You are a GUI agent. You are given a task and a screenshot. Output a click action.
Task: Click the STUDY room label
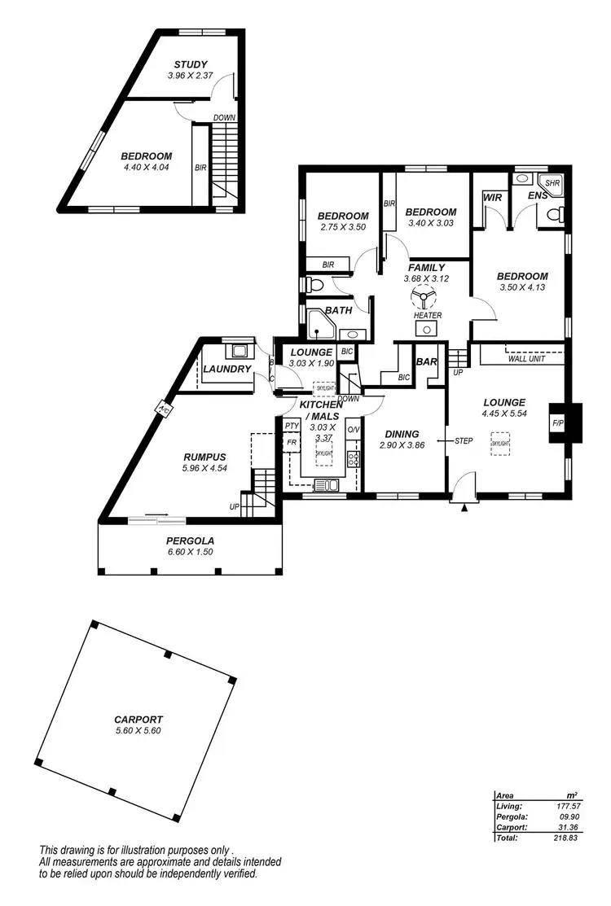point(191,64)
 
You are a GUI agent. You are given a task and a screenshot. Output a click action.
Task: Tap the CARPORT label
point(138,720)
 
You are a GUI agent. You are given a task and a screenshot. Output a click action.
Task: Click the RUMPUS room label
point(204,457)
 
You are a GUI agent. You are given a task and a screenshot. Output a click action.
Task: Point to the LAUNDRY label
point(227,370)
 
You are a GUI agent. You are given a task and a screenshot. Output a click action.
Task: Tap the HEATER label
point(427,316)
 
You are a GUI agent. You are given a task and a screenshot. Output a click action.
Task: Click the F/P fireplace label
point(558,424)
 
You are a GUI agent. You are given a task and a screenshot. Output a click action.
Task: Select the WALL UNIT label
point(526,358)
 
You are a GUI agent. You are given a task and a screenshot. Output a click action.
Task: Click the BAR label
point(426,361)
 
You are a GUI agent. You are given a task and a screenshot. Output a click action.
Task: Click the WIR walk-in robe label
point(492,197)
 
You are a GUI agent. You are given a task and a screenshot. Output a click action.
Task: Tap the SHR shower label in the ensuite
point(552,184)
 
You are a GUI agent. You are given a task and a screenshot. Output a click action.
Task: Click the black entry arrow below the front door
point(464,507)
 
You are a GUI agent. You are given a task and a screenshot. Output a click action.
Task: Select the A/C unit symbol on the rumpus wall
point(163,409)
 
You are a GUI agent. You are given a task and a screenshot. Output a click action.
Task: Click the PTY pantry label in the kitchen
point(291,426)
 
